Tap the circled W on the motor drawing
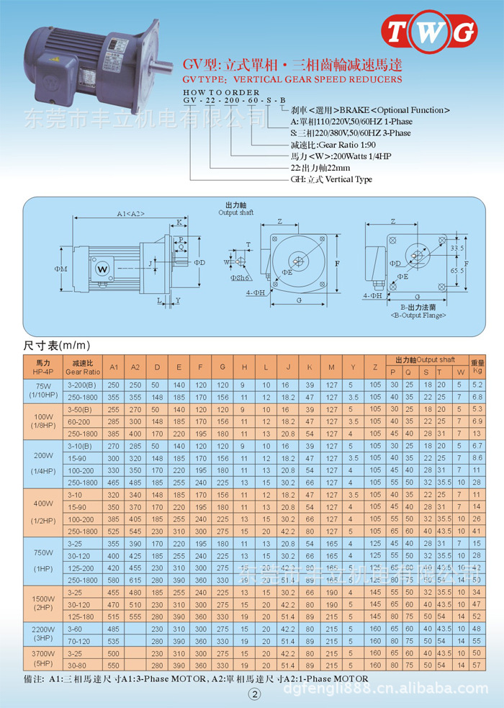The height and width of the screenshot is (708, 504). tap(102, 269)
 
